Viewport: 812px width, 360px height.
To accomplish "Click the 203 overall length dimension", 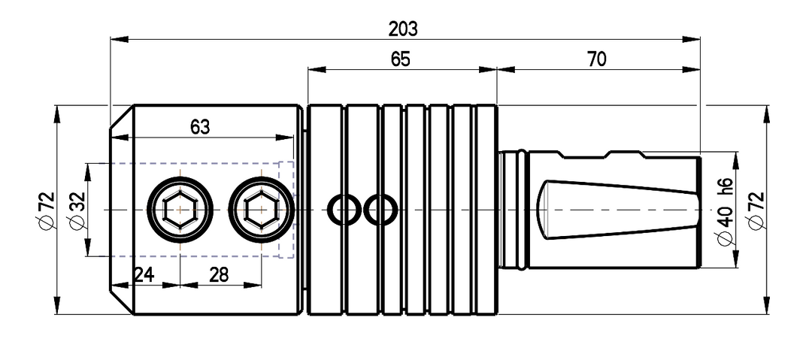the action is tap(403, 29).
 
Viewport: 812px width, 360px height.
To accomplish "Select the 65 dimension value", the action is tap(400, 59).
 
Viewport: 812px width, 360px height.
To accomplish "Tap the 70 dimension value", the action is tap(596, 59).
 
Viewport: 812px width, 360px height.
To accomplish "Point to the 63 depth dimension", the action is tap(200, 127).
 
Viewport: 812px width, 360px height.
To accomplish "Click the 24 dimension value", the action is tap(144, 274).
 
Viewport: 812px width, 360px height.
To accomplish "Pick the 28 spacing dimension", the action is tap(219, 274).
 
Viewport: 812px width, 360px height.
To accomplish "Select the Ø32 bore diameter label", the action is tap(77, 210).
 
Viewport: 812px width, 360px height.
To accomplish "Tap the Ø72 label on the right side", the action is tap(756, 210).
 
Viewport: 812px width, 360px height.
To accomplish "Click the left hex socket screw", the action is tap(180, 210).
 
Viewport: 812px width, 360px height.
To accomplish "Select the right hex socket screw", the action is tap(262, 210).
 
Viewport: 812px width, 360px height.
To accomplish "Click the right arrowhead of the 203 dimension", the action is tap(691, 39).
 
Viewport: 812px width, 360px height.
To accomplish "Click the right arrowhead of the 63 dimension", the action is tap(284, 138).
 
